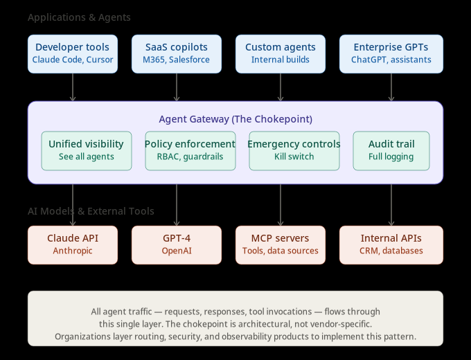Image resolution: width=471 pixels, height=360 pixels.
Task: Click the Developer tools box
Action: (x=73, y=54)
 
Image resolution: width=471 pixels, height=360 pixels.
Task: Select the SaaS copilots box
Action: (x=177, y=54)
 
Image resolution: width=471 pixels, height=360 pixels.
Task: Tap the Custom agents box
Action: (x=281, y=54)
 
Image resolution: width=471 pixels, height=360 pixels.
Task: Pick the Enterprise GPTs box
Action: (x=391, y=54)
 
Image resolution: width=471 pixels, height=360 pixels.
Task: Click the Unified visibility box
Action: (x=86, y=150)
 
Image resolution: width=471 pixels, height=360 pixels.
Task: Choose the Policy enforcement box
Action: (x=190, y=150)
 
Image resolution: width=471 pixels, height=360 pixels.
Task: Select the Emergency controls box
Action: (x=294, y=150)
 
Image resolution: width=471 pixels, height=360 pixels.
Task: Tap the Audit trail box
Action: (x=391, y=150)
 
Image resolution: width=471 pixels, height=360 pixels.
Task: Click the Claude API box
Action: (x=73, y=244)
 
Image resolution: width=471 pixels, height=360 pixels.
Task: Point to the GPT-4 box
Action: (x=177, y=244)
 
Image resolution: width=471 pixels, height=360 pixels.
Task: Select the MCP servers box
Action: (x=281, y=244)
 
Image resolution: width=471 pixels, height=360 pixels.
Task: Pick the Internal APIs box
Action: (x=391, y=244)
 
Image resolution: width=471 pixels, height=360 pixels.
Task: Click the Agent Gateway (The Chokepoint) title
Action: (x=235, y=119)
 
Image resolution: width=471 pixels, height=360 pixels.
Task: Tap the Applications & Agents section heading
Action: (x=79, y=17)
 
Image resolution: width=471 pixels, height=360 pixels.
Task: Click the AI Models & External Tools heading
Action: (x=91, y=211)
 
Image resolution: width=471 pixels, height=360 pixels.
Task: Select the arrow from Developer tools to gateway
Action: (x=73, y=87)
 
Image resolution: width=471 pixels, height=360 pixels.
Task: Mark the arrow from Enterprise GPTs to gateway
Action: (x=391, y=87)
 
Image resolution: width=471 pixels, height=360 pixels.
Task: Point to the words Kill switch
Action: (x=294, y=157)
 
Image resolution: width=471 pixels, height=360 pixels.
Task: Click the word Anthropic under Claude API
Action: (x=73, y=251)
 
